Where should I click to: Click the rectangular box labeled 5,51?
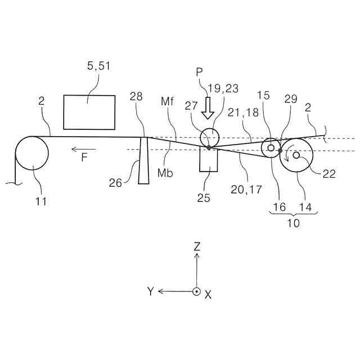pos(89,112)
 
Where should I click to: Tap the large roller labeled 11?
pos(32,154)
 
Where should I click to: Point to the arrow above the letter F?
pos(83,149)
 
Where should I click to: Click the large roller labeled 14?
pos(296,155)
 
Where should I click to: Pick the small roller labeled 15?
pos(271,148)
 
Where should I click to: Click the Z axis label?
pos(196,246)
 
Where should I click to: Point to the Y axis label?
pos(150,291)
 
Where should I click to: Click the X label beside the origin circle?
pos(208,294)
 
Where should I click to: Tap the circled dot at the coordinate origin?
pos(196,291)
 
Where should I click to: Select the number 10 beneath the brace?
pos(292,223)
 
